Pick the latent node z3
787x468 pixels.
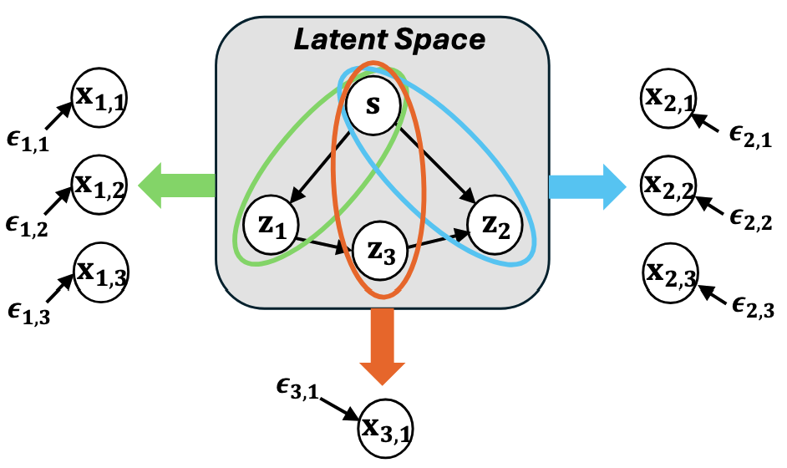pyautogui.click(x=383, y=248)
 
